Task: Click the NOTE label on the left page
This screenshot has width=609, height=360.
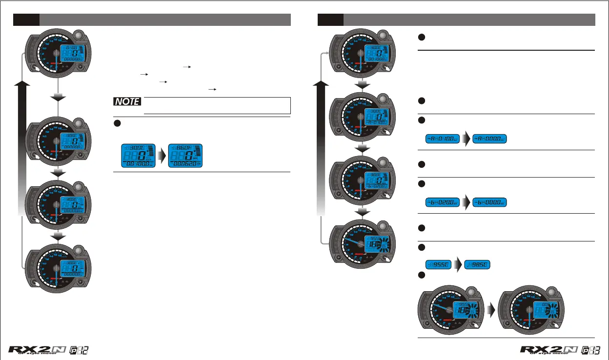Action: [x=127, y=102]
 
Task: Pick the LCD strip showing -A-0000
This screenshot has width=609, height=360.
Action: [x=490, y=139]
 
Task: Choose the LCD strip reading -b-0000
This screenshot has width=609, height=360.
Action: [x=490, y=201]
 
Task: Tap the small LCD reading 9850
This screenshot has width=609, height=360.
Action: [x=477, y=265]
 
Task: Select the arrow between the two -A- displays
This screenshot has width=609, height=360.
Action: [x=467, y=139]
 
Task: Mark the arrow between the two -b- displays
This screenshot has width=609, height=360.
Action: [x=467, y=201]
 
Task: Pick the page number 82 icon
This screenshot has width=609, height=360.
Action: [x=80, y=351]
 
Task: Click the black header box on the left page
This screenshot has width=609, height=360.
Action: [x=26, y=20]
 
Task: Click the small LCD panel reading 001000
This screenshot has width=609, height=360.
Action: [x=138, y=156]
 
